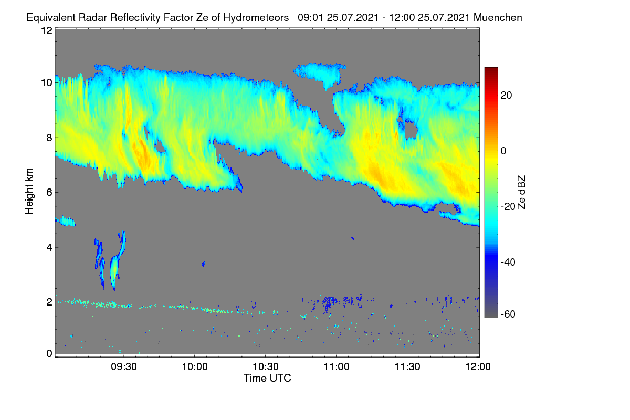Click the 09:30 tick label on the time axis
(124, 367)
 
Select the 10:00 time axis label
(195, 367)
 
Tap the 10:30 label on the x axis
(266, 367)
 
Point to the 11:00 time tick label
(337, 367)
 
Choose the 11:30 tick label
(407, 367)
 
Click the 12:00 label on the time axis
(478, 367)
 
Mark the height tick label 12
(47, 30)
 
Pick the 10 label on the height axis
(47, 83)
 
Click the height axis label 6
(49, 193)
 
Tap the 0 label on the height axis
(49, 354)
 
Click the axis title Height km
(29, 191)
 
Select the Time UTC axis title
(267, 378)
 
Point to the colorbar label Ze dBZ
(521, 193)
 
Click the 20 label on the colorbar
(506, 96)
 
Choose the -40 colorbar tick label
(508, 262)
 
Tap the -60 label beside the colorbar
(508, 314)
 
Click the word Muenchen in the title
(498, 17)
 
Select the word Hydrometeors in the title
(256, 18)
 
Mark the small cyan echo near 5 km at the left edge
(65, 221)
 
